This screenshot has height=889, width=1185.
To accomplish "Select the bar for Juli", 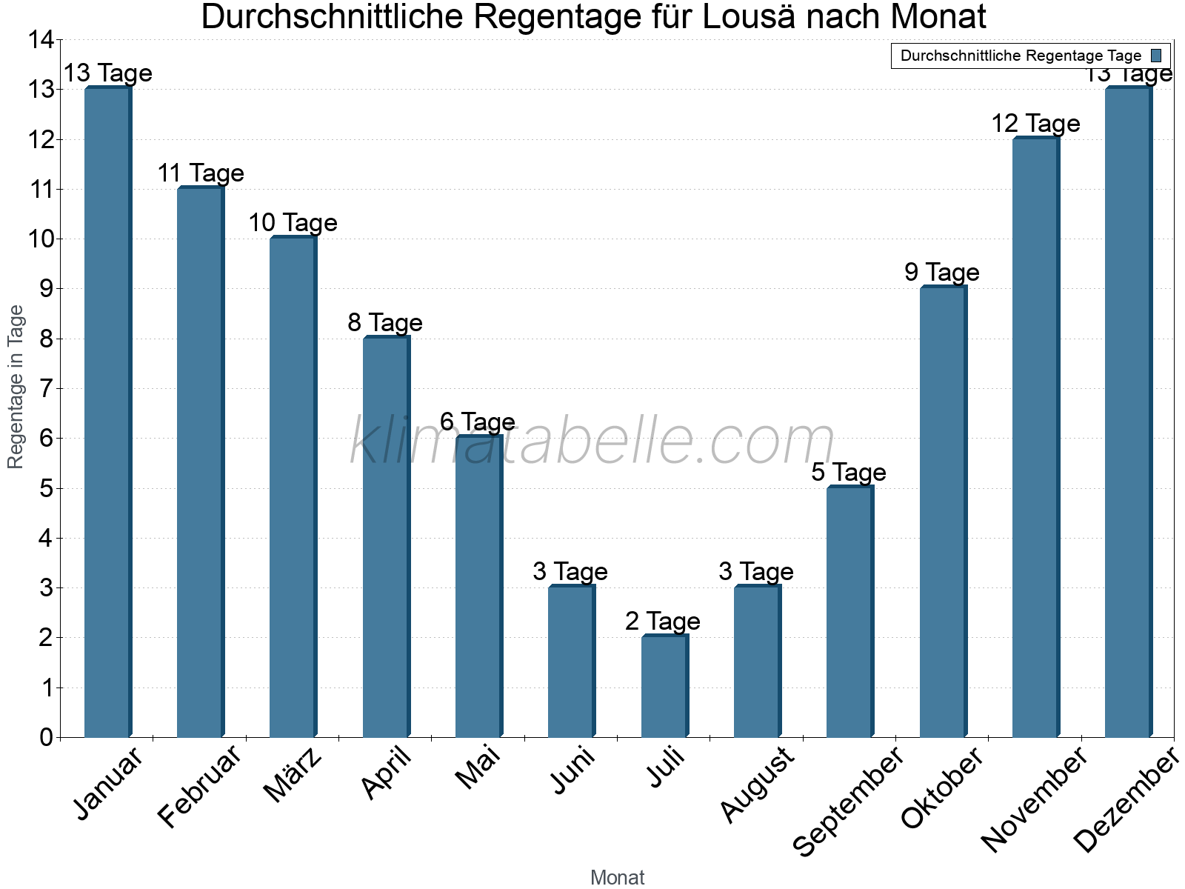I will tap(664, 686).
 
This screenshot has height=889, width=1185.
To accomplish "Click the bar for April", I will tap(386, 536).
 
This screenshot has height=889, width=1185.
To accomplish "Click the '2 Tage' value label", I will tap(663, 621).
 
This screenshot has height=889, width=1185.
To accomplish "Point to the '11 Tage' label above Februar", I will tap(201, 173).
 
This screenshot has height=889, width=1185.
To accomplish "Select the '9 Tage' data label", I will tap(942, 273).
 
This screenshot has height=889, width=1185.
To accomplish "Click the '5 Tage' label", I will tap(849, 472).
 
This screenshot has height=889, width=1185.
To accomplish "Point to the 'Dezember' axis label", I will tap(1126, 800).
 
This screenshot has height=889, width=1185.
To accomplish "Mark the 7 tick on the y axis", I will tap(47, 389).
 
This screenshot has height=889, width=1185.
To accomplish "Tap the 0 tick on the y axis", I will tap(47, 737).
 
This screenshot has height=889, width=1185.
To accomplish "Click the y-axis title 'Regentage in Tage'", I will tap(16, 387).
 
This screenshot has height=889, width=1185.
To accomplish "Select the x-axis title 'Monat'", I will tap(617, 877).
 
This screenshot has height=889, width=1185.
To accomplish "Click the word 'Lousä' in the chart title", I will tap(746, 17).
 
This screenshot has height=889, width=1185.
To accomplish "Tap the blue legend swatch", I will tap(1156, 56).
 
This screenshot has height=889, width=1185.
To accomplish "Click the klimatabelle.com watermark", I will tap(592, 441).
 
